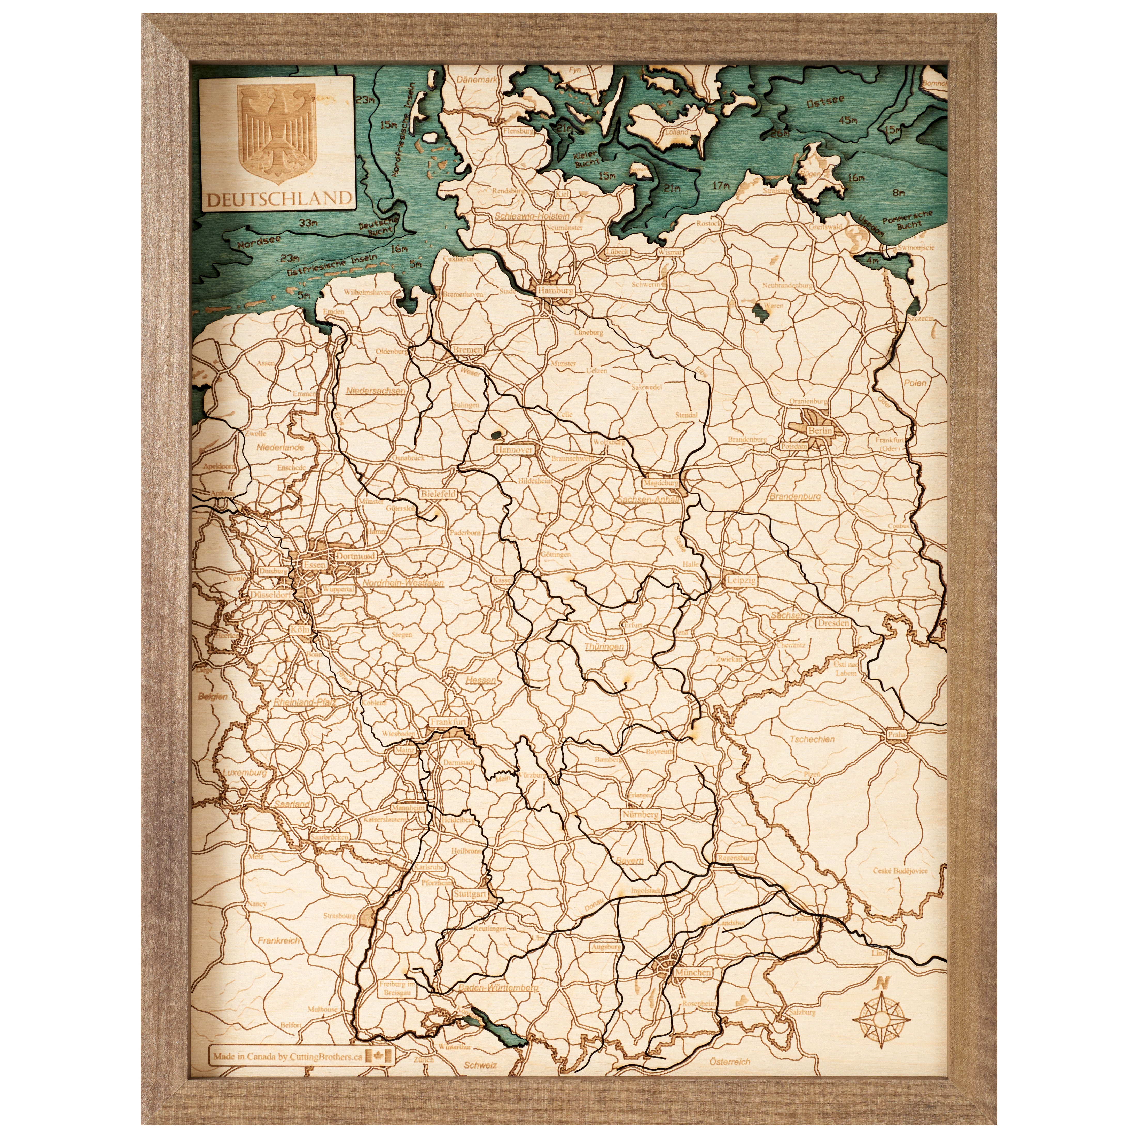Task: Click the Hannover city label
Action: click(514, 449)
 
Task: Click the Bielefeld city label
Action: click(438, 494)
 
